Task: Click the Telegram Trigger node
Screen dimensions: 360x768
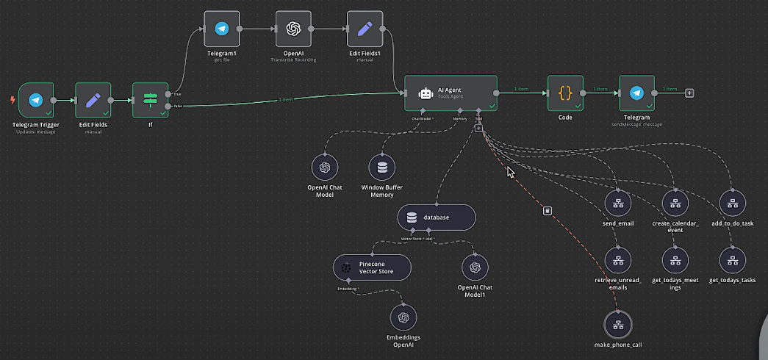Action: tap(35, 100)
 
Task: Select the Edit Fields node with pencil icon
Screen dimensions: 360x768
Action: tap(93, 100)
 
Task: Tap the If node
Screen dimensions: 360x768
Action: tap(150, 100)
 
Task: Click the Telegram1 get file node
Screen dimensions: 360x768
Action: tap(221, 29)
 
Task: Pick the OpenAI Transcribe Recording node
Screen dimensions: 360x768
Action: tap(293, 29)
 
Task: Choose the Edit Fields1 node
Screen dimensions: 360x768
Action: tap(365, 29)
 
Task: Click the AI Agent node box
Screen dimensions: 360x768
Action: tap(451, 93)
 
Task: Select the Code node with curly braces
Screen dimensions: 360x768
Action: tap(565, 93)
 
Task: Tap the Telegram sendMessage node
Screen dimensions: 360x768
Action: tap(636, 93)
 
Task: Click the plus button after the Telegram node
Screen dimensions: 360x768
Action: tap(689, 93)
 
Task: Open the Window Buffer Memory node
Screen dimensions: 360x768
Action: tap(381, 168)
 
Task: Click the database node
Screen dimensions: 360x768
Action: tap(437, 217)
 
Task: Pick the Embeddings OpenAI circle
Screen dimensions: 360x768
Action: tap(403, 317)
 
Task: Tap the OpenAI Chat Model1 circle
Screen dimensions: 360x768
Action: tap(475, 267)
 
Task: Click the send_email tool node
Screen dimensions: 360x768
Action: tap(618, 202)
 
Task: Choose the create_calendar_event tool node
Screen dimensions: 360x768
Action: tap(675, 202)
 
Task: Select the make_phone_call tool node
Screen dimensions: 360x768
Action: tap(618, 324)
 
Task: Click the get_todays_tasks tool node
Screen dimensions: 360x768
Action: tap(733, 260)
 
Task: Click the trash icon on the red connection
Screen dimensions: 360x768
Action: tap(548, 211)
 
